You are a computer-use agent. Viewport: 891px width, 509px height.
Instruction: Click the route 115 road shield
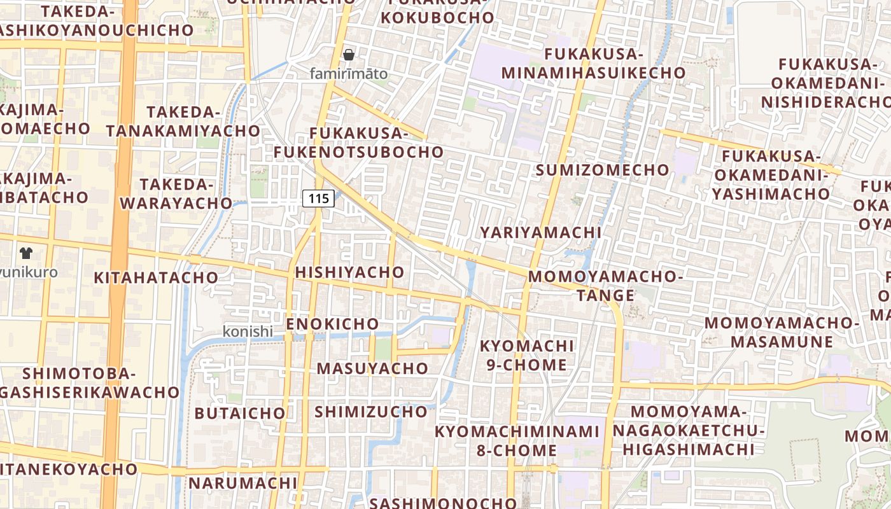tap(318, 199)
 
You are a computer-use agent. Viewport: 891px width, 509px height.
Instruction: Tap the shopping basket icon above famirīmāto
tap(348, 55)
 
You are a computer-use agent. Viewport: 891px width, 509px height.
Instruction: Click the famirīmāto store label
tap(348, 74)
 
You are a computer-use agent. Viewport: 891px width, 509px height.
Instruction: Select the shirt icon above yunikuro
tap(25, 253)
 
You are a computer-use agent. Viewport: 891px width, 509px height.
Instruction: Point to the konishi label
tap(248, 331)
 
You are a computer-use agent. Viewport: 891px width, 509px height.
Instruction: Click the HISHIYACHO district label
tap(349, 272)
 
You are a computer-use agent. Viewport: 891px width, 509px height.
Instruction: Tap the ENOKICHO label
tap(332, 324)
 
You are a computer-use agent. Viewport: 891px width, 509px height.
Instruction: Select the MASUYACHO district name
tap(372, 368)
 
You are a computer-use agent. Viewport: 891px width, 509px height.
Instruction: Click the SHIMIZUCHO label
tap(370, 412)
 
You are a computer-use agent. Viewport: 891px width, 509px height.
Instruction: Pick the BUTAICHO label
tap(240, 414)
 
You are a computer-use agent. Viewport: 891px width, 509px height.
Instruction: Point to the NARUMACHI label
tap(242, 483)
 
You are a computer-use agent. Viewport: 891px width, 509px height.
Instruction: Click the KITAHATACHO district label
tap(156, 278)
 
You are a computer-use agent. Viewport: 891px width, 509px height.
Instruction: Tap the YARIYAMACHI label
tap(540, 232)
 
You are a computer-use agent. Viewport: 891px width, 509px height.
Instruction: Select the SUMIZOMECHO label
tap(602, 171)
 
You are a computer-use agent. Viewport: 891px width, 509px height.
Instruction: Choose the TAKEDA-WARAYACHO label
tap(176, 194)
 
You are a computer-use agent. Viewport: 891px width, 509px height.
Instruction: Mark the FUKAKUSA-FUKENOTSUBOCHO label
tap(358, 143)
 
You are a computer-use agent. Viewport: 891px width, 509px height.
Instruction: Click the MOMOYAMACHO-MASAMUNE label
tap(782, 332)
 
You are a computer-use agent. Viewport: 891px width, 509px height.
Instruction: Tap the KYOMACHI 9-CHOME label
tap(526, 356)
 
